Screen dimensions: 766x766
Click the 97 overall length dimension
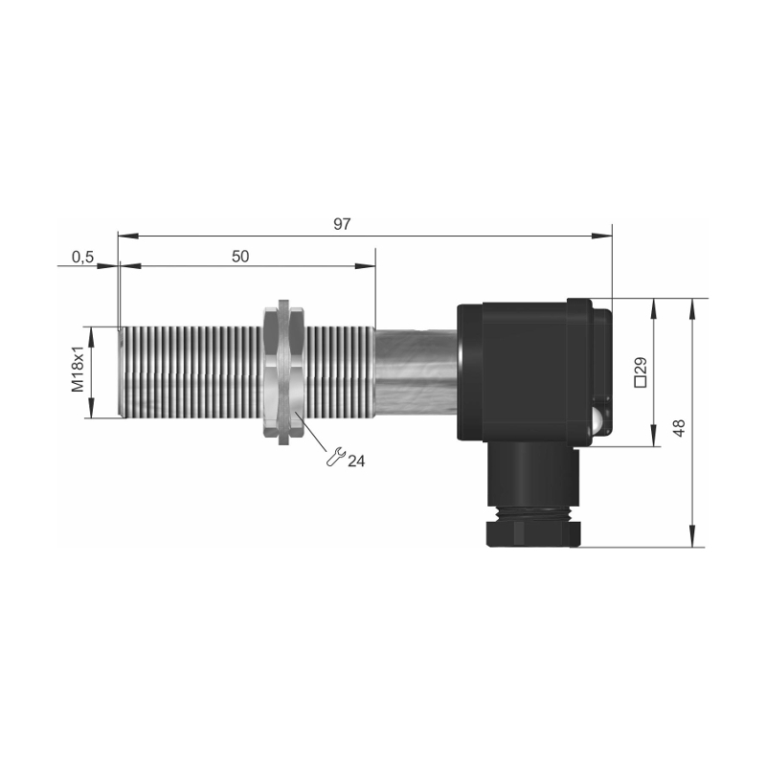(x=342, y=224)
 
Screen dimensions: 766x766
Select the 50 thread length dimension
(x=240, y=256)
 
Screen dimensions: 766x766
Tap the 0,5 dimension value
(x=82, y=257)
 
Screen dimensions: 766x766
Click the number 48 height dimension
(x=679, y=427)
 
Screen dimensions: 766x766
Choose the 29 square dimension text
(x=641, y=366)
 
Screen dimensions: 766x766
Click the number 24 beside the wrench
(x=356, y=461)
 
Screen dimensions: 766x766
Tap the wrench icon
(x=336, y=457)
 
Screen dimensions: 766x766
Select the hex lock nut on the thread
(x=283, y=372)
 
